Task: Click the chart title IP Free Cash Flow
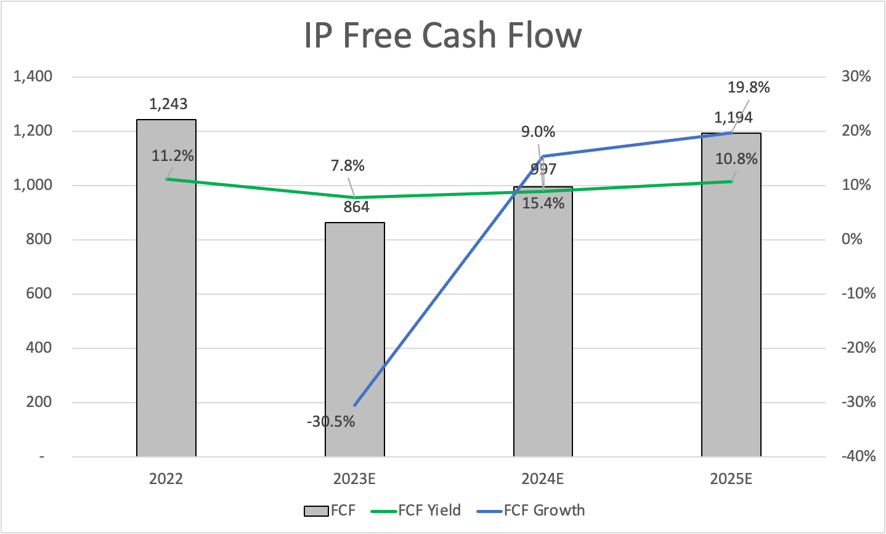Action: [x=442, y=35]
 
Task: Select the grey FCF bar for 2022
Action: [x=166, y=308]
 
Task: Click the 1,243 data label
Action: [x=168, y=104]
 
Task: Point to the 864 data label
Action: [x=356, y=207]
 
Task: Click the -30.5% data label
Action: [x=331, y=422]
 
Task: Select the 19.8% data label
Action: [x=749, y=87]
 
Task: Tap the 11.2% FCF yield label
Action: [x=173, y=156]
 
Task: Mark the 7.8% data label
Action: [x=347, y=165]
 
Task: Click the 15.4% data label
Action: [x=543, y=203]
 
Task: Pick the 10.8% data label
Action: [x=736, y=159]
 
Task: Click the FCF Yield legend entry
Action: [x=429, y=510]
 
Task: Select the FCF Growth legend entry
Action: [x=544, y=510]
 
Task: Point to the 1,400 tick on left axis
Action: [x=33, y=76]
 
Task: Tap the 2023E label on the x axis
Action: [x=354, y=479]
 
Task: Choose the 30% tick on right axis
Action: [x=856, y=76]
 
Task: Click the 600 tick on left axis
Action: [x=39, y=294]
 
